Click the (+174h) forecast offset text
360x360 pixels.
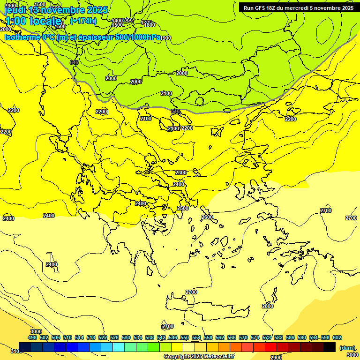pos(83,21)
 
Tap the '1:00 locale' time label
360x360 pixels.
pos(33,21)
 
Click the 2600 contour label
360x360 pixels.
pos(207,217)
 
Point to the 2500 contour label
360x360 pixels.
pos(183,208)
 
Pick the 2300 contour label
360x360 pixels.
pos(180,172)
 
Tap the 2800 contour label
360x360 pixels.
pos(267,306)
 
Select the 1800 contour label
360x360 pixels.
pos(150,25)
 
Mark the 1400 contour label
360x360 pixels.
pos(117,21)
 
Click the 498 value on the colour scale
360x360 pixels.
pos(32,337)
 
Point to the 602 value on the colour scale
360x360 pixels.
pos(337,337)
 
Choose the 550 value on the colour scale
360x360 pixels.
pos(184,337)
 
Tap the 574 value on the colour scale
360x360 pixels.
pos(255,337)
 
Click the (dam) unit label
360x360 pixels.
pos(347,347)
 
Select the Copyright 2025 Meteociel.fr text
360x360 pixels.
pos(198,356)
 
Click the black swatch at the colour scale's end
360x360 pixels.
pos(330,347)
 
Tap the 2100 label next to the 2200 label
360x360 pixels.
pos(173,128)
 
